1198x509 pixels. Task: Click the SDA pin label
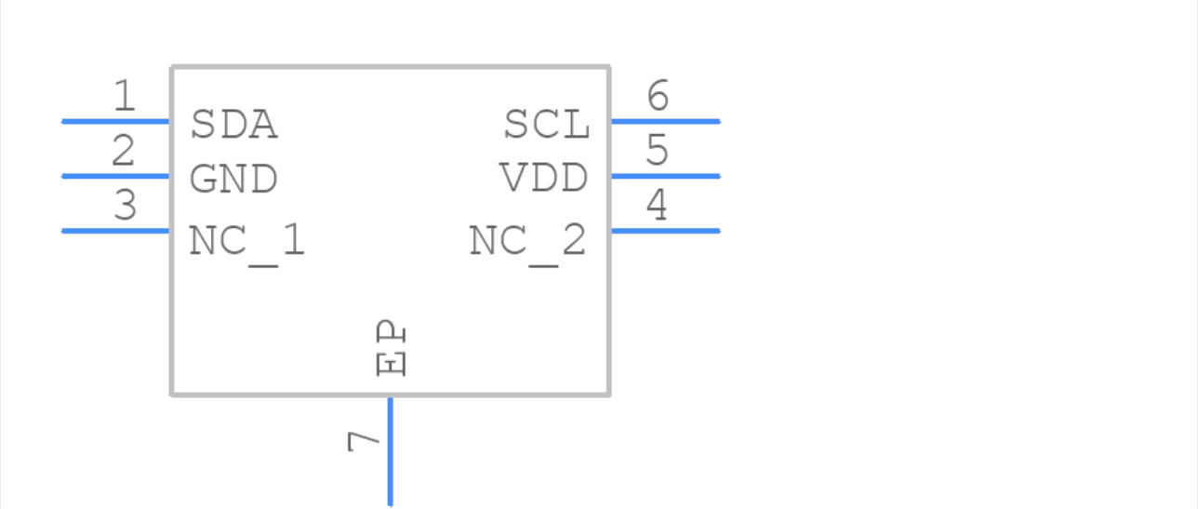click(x=233, y=125)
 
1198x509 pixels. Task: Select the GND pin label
click(x=233, y=180)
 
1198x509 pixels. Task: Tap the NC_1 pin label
click(x=246, y=242)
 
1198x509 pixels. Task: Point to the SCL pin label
click(x=547, y=125)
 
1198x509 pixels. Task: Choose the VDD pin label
click(x=544, y=179)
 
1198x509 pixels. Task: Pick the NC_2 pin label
click(x=527, y=242)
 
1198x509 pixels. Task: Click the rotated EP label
click(x=392, y=349)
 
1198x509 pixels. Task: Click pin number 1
click(x=124, y=96)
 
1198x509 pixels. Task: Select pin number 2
click(x=124, y=151)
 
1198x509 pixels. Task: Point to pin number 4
click(x=657, y=206)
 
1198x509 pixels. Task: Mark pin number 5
click(x=658, y=151)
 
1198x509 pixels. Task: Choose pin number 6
click(x=658, y=96)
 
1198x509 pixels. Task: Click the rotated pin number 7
click(x=364, y=441)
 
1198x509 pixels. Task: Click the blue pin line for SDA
click(x=115, y=121)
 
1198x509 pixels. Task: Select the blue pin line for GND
click(x=115, y=176)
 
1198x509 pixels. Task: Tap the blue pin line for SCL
click(x=665, y=121)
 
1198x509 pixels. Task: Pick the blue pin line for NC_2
click(x=665, y=231)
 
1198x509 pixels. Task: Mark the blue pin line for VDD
click(x=665, y=176)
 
